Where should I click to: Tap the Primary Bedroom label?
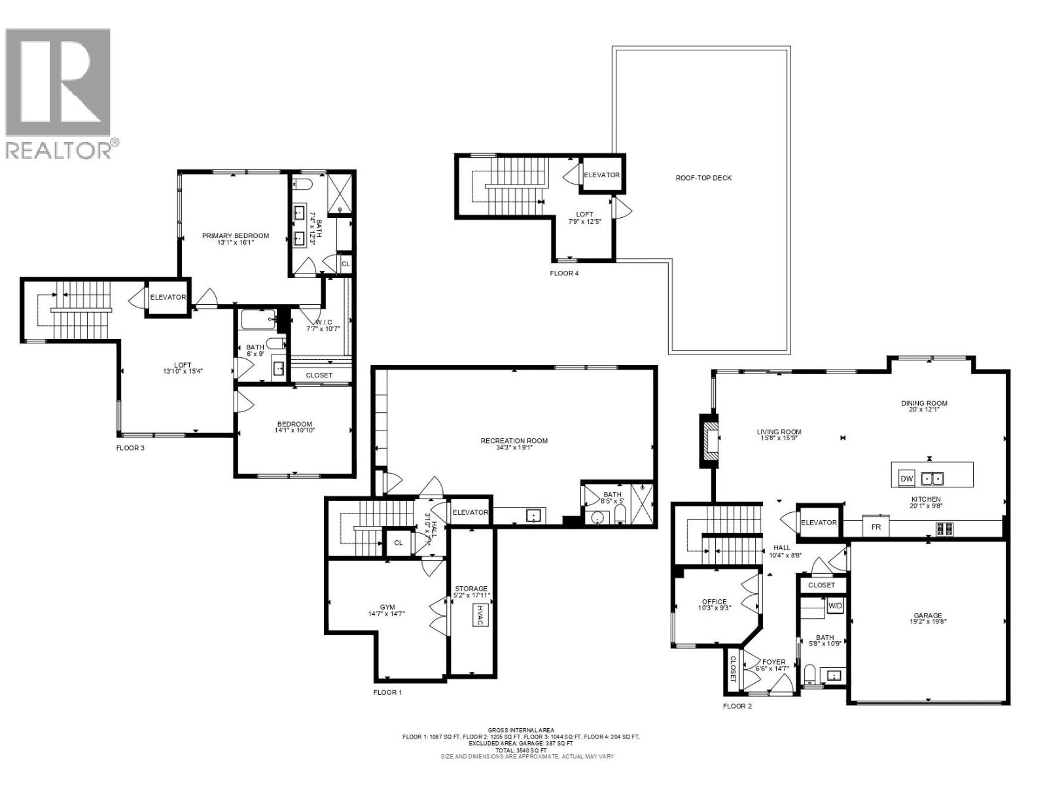pyautogui.click(x=235, y=236)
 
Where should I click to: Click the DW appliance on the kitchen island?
pyautogui.click(x=906, y=478)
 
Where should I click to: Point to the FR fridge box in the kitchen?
pyautogui.click(x=876, y=527)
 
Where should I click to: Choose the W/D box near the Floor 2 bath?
pyautogui.click(x=836, y=606)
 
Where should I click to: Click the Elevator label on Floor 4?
pyautogui.click(x=601, y=175)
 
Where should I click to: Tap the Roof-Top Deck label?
pyautogui.click(x=703, y=178)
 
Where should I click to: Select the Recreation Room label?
pyautogui.click(x=514, y=441)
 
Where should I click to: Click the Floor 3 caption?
pyautogui.click(x=130, y=448)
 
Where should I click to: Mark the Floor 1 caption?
pyautogui.click(x=387, y=692)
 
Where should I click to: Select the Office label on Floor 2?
pyautogui.click(x=714, y=602)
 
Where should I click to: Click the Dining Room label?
pyautogui.click(x=924, y=403)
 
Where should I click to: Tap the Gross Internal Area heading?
pyautogui.click(x=521, y=730)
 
